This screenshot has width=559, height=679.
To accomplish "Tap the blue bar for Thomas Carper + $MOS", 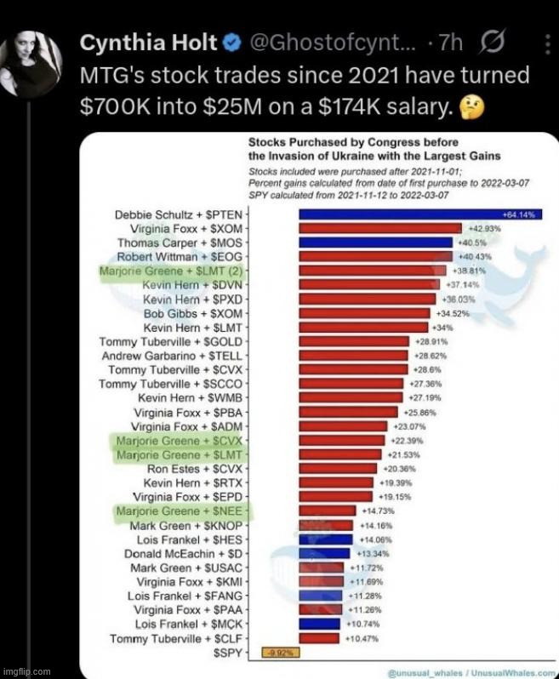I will pos(375,242).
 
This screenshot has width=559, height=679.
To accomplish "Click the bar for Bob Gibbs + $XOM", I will pos(364,313).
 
